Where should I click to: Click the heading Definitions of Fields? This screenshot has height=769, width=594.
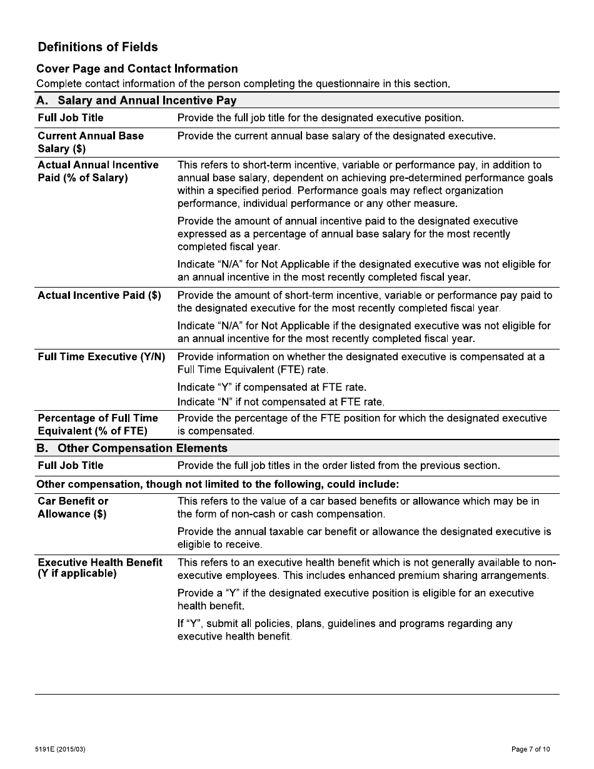click(98, 47)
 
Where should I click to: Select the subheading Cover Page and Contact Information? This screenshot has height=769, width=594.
click(137, 69)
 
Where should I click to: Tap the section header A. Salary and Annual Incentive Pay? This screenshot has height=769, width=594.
click(136, 100)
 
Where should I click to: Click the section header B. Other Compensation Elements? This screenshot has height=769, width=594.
click(132, 448)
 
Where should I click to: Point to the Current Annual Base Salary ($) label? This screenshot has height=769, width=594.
click(91, 142)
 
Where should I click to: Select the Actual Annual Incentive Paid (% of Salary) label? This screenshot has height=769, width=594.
click(98, 171)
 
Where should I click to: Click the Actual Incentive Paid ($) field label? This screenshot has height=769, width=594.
click(99, 295)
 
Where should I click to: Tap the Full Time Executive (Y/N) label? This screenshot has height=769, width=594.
click(101, 356)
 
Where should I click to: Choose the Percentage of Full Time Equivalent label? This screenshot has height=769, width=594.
click(98, 424)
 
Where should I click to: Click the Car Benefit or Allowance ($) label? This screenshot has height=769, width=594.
click(73, 507)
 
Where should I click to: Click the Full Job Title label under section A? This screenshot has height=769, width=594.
click(71, 118)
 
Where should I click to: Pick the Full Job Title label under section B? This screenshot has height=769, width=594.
click(71, 465)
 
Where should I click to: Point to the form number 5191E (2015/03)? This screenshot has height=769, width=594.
click(61, 749)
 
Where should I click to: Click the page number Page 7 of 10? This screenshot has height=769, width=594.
click(531, 749)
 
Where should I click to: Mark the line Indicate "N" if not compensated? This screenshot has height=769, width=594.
click(281, 401)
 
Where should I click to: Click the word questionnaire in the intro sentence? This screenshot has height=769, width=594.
click(341, 84)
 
